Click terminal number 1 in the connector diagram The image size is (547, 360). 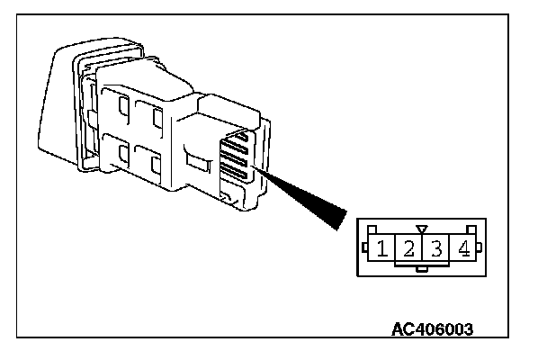point(383,247)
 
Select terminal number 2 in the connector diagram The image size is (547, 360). point(409,247)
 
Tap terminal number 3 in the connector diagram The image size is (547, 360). point(437,247)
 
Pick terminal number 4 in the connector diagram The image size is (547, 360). point(463,247)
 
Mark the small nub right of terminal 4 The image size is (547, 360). point(480,247)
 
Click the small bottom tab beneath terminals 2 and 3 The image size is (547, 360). point(423,267)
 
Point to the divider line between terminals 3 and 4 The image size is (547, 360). point(450,247)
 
